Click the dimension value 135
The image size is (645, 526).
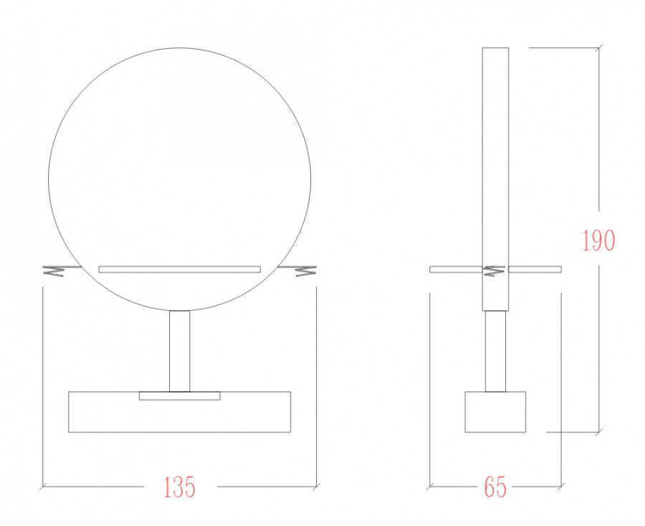click(x=179, y=487)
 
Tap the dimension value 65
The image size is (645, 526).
click(x=495, y=487)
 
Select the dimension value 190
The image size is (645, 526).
click(x=598, y=240)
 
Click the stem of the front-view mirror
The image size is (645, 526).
click(x=180, y=351)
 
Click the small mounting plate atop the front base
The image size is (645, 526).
click(x=180, y=396)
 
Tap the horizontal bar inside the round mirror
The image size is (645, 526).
click(x=179, y=269)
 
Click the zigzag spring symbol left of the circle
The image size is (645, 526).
click(x=53, y=271)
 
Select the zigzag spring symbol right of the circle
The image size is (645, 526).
click(x=305, y=271)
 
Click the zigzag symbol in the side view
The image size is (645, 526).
click(x=494, y=271)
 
